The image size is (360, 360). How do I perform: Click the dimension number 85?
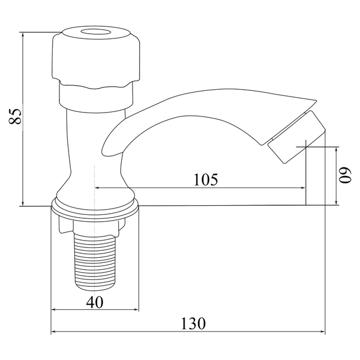(x=15, y=116)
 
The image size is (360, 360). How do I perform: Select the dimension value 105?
(x=206, y=179)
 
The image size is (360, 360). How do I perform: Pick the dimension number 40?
(x=95, y=302)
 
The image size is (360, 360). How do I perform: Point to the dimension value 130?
(x=194, y=323)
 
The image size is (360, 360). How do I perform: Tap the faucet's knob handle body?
(x=95, y=58)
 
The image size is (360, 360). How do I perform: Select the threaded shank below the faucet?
(x=95, y=261)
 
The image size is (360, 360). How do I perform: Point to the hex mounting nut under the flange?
(x=92, y=226)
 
